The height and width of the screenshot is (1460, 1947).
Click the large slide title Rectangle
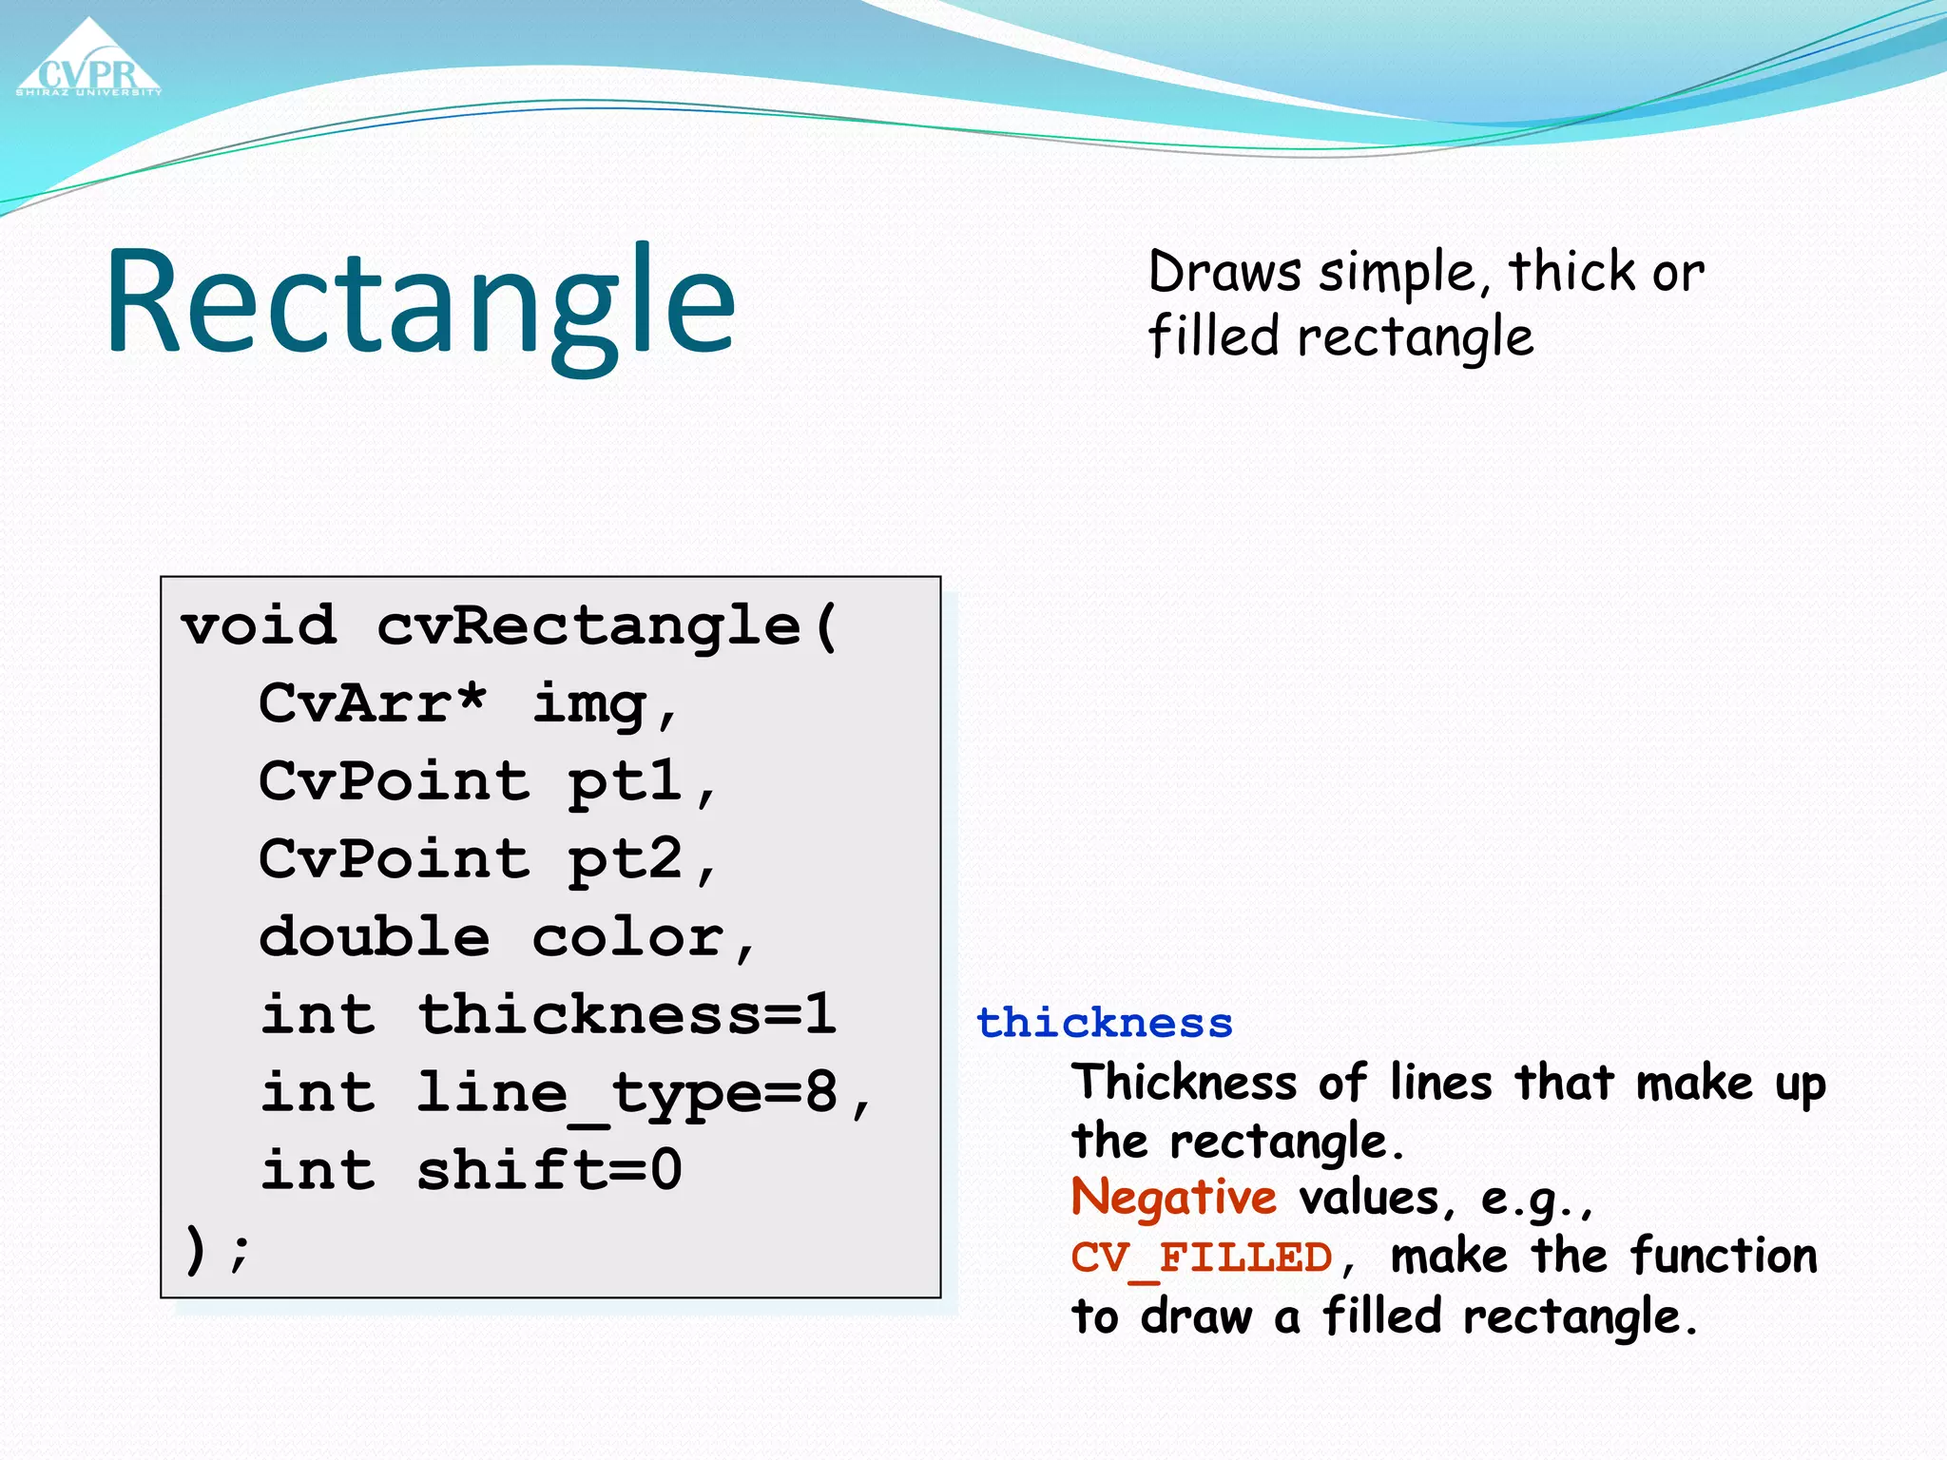[x=420, y=302]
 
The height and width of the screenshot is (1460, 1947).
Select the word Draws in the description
[x=1224, y=273]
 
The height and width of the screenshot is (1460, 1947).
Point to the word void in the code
[x=259, y=626]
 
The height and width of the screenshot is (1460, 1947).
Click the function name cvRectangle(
[x=607, y=627]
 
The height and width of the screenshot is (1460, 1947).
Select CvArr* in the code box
[x=373, y=704]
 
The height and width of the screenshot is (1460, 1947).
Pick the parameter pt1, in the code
[x=642, y=783]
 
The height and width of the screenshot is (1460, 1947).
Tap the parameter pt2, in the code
[x=642, y=861]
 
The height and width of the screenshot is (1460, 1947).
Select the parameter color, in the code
[x=644, y=939]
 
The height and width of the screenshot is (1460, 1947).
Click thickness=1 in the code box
[x=627, y=1015]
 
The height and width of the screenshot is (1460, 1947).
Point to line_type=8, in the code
[x=645, y=1094]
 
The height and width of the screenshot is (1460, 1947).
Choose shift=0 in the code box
[x=549, y=1170]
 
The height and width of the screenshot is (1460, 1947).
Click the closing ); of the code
[x=217, y=1249]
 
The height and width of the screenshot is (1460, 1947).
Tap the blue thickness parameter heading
[x=1104, y=1024]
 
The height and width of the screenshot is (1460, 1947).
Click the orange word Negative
[x=1173, y=1198]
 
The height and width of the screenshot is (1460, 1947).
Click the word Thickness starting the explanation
[x=1184, y=1083]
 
